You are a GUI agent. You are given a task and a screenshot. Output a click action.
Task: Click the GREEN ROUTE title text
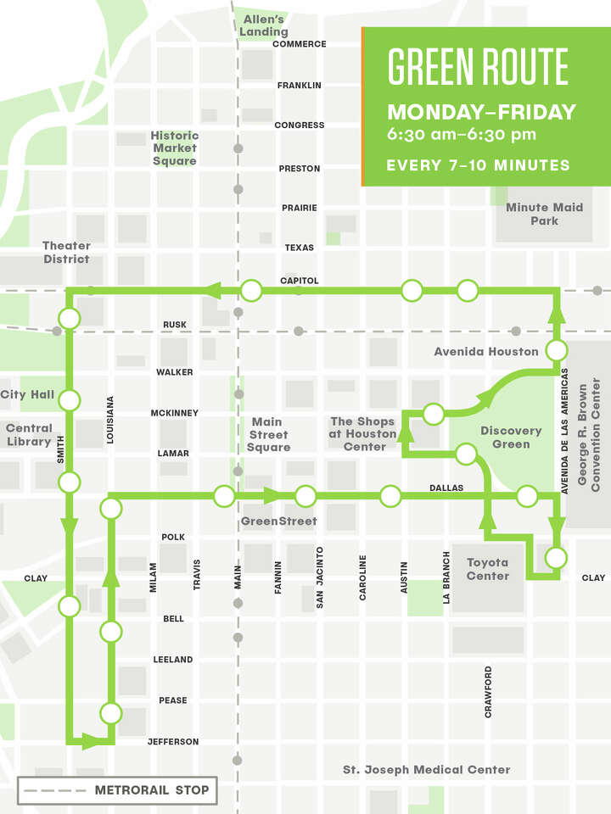[x=478, y=67]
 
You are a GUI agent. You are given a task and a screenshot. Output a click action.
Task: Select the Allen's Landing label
[x=265, y=25]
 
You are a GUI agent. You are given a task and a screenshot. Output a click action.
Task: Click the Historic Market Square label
[x=175, y=148]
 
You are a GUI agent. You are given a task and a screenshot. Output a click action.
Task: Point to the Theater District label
[x=66, y=252]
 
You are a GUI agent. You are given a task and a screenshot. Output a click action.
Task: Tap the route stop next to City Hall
[x=70, y=399]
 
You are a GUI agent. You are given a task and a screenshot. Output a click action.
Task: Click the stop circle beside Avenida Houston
[x=557, y=350]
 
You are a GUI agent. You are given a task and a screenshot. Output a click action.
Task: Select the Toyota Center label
[x=488, y=569]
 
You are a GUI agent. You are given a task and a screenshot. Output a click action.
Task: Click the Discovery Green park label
[x=511, y=438]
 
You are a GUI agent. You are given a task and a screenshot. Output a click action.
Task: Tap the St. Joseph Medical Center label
[x=426, y=770]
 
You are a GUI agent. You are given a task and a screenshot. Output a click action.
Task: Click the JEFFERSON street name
[x=173, y=742]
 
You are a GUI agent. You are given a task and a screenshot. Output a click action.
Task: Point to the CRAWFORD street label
[x=488, y=692]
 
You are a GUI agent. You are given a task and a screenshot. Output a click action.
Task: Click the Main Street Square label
[x=268, y=434]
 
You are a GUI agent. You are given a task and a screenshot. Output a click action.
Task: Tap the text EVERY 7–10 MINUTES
[x=478, y=165]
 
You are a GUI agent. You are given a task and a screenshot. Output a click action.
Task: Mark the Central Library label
[x=29, y=435]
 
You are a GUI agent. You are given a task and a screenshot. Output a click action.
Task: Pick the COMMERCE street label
[x=299, y=44]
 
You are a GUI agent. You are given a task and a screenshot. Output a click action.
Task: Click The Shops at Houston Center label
[x=363, y=434]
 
